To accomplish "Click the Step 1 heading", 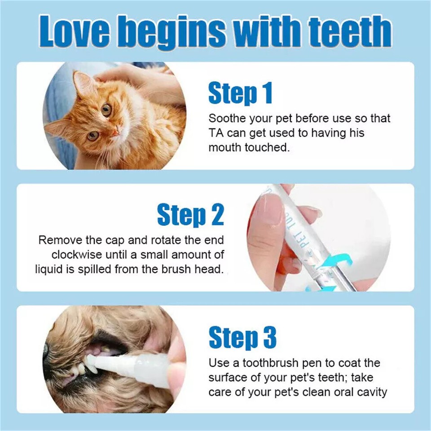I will [x=240, y=93].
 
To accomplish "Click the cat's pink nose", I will [x=115, y=131].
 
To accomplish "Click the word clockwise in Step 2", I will [x=76, y=255].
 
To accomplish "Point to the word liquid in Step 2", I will [x=50, y=269].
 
